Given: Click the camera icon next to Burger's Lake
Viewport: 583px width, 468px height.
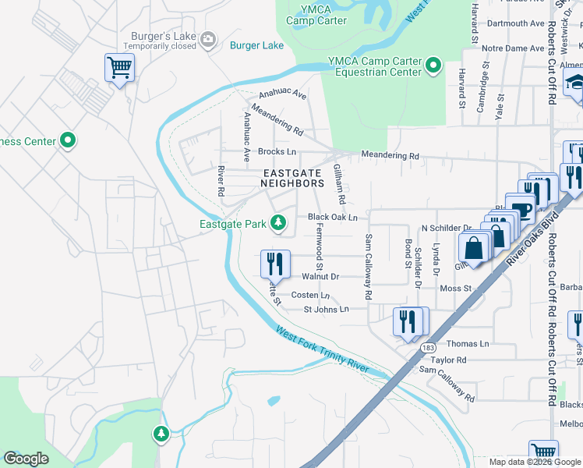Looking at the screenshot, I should click(x=207, y=39).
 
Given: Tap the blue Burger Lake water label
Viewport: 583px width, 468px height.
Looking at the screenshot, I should click(x=256, y=45).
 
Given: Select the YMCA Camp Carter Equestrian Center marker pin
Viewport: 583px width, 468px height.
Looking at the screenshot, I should click(x=434, y=66).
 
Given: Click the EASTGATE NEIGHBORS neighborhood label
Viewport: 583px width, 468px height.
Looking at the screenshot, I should click(x=292, y=178).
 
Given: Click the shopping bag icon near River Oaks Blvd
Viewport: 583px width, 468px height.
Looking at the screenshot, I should click(x=473, y=248).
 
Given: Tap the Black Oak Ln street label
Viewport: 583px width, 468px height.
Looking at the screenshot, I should click(x=332, y=217).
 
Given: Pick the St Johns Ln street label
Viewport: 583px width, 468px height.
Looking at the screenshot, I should click(x=325, y=310).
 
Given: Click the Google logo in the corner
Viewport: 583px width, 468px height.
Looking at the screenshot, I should click(x=26, y=459).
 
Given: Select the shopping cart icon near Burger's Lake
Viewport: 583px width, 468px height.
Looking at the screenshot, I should click(x=119, y=68).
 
